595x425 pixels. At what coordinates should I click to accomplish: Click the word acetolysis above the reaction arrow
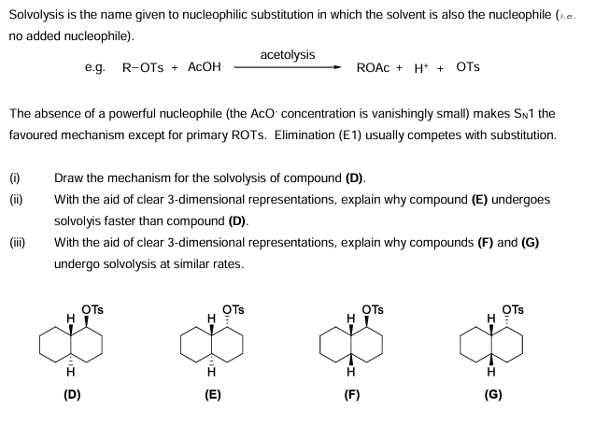pyautogui.click(x=288, y=55)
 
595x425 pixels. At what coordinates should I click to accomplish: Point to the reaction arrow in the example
pyautogui.click(x=288, y=67)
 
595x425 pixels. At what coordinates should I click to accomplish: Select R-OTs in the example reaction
pyautogui.click(x=141, y=68)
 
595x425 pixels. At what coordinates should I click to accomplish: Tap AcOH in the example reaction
pyautogui.click(x=205, y=68)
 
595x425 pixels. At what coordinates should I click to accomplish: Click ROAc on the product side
pyautogui.click(x=374, y=68)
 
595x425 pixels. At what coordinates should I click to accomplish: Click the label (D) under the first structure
pyautogui.click(x=72, y=395)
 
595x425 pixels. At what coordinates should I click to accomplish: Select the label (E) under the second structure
pyautogui.click(x=213, y=395)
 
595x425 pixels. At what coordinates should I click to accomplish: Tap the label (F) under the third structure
pyautogui.click(x=352, y=395)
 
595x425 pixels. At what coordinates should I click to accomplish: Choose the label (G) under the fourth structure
pyautogui.click(x=493, y=395)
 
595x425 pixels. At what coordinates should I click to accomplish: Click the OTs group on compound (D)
pyautogui.click(x=92, y=310)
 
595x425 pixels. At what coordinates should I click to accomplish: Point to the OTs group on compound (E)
pyautogui.click(x=234, y=310)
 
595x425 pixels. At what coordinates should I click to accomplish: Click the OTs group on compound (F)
pyautogui.click(x=373, y=310)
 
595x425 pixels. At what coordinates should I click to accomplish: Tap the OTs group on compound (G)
pyautogui.click(x=514, y=310)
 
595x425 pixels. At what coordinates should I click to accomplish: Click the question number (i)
pyautogui.click(x=14, y=177)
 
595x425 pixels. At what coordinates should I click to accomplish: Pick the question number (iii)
pyautogui.click(x=17, y=243)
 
